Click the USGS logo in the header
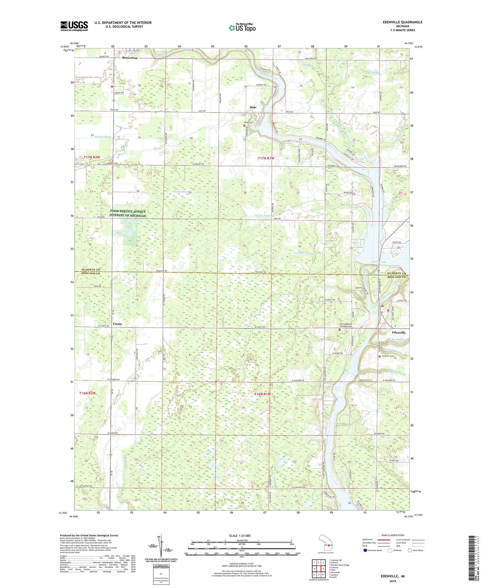point(74,26)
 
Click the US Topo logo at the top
point(242,28)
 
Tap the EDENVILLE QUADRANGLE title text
point(403,22)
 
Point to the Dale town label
point(253,107)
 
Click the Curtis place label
point(118,324)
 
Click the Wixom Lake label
point(379,262)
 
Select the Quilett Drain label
point(103,137)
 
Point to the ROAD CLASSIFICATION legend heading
point(393,535)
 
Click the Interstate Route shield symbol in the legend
point(365,550)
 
